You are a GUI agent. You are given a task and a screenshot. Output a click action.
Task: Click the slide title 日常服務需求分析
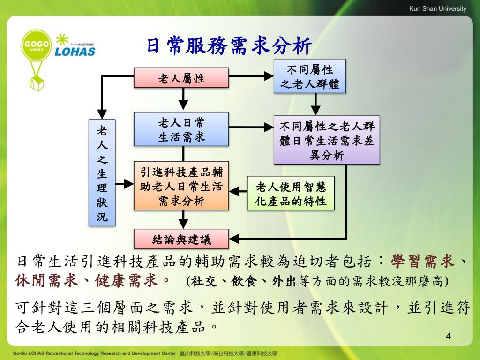pyautogui.click(x=229, y=46)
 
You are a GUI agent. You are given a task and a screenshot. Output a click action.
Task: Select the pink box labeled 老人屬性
pyautogui.click(x=181, y=78)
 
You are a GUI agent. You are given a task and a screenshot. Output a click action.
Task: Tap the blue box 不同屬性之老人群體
pyautogui.click(x=310, y=76)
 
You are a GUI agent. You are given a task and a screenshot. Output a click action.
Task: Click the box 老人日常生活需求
pyautogui.click(x=181, y=129)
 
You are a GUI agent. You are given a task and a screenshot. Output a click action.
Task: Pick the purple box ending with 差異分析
pyautogui.click(x=327, y=140)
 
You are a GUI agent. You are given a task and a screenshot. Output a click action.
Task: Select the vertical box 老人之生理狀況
pyautogui.click(x=102, y=173)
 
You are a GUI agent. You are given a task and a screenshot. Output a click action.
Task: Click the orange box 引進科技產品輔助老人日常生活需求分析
pyautogui.click(x=181, y=186)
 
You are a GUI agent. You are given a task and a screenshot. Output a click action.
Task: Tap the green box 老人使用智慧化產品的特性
pyautogui.click(x=291, y=193)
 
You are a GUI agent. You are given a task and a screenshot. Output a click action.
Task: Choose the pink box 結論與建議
pyautogui.click(x=181, y=239)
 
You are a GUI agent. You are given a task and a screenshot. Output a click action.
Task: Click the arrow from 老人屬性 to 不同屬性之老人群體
pyautogui.click(x=251, y=76)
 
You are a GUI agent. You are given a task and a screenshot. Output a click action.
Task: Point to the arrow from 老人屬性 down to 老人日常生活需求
pyautogui.click(x=183, y=98)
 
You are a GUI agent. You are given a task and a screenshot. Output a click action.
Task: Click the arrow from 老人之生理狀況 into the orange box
pyautogui.click(x=125, y=184)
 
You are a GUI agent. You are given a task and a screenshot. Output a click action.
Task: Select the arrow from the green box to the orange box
pyautogui.click(x=238, y=191)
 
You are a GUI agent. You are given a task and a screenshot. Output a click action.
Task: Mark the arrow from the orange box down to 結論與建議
pyautogui.click(x=183, y=219)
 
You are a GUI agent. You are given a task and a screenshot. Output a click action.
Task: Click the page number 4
pyautogui.click(x=449, y=337)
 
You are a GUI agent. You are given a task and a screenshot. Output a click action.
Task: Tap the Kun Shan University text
pyautogui.click(x=438, y=8)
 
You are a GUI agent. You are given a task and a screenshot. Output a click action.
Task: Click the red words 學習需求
pyautogui.click(x=422, y=261)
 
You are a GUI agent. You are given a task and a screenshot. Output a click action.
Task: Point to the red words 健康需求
pyautogui.click(x=127, y=280)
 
